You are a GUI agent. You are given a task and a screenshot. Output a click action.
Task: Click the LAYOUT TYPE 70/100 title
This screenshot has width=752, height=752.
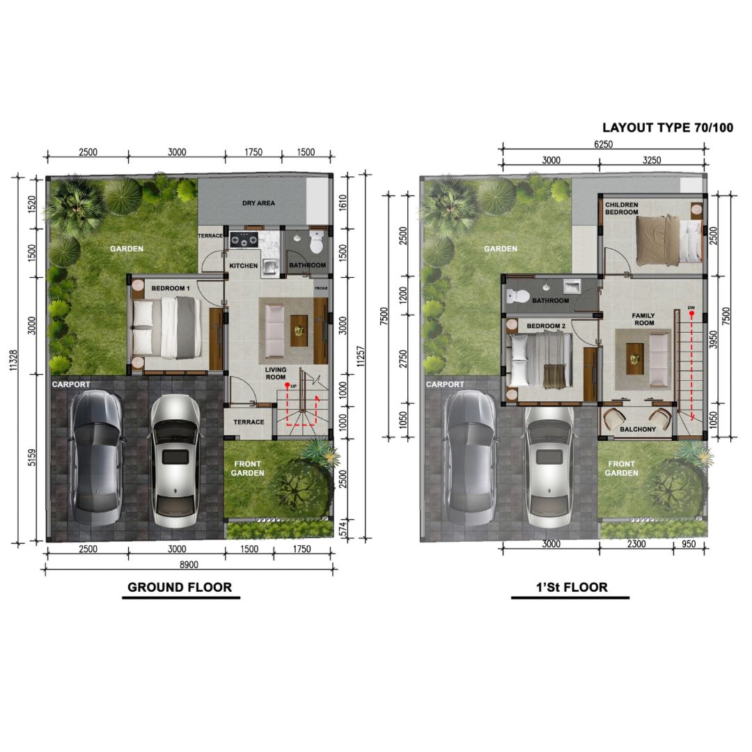pyautogui.click(x=668, y=127)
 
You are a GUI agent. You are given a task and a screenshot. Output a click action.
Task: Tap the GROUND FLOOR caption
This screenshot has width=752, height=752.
pyautogui.click(x=180, y=587)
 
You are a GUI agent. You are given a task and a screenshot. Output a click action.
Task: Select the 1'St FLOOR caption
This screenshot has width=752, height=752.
pyautogui.click(x=572, y=587)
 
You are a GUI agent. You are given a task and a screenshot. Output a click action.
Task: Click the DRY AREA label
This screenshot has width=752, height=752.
pyautogui.click(x=258, y=203)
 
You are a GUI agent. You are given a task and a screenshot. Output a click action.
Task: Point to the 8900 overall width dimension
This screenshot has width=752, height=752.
pyautogui.click(x=189, y=565)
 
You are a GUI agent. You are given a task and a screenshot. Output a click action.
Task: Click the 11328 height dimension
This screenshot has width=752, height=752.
pyautogui.click(x=13, y=360)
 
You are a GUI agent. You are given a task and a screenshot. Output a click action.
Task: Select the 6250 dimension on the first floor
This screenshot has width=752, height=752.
pyautogui.click(x=603, y=144)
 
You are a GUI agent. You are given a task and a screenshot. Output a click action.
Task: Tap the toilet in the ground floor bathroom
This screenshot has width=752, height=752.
pyautogui.click(x=317, y=242)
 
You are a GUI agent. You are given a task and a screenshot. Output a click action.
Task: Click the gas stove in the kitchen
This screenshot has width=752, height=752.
pyautogui.click(x=244, y=240)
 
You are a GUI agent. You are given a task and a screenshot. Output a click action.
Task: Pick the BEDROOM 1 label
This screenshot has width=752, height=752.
pyautogui.click(x=171, y=288)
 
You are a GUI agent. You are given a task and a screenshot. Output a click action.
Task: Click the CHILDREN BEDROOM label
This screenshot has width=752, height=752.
pyautogui.click(x=622, y=208)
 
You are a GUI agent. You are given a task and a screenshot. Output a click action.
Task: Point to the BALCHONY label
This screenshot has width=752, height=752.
pyautogui.click(x=638, y=429)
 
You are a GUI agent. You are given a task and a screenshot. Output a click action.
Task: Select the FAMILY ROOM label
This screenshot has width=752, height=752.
pyautogui.click(x=643, y=319)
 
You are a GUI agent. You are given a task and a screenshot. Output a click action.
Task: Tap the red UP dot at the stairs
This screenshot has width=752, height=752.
pyautogui.click(x=287, y=385)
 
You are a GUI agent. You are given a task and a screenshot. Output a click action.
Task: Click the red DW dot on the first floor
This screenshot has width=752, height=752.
pyautogui.click(x=691, y=314)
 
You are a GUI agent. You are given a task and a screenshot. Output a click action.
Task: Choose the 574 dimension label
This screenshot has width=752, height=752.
pyautogui.click(x=343, y=528)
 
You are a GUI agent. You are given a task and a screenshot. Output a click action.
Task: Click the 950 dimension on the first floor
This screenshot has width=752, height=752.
pyautogui.click(x=689, y=544)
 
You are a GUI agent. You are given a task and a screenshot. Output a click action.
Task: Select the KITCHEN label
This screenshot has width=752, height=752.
pyautogui.click(x=244, y=265)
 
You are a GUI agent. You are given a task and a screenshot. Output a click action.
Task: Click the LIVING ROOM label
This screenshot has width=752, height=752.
pyautogui.click(x=276, y=373)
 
